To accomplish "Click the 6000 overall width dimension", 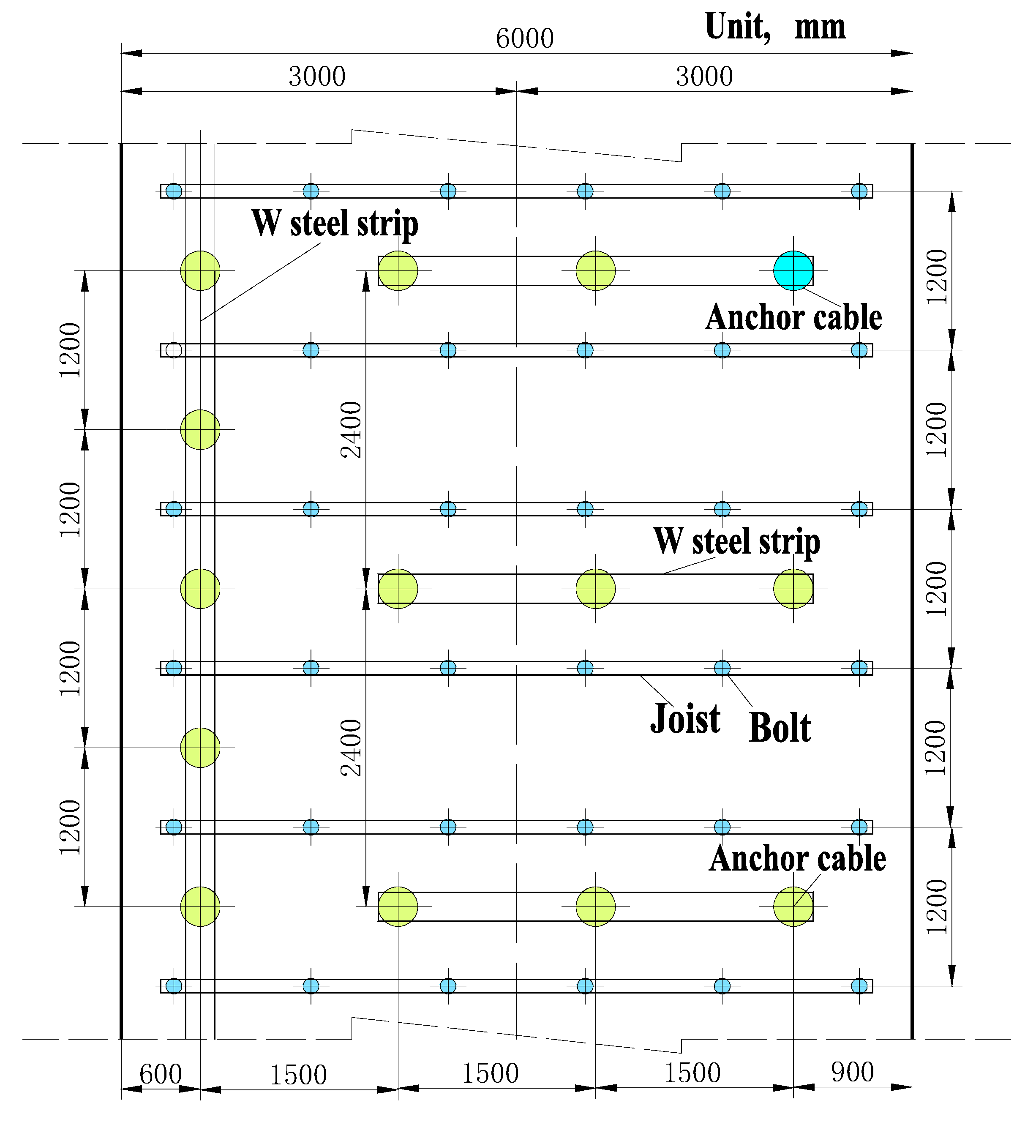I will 524,39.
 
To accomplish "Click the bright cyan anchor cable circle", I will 793,270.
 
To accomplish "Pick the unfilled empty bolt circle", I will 174,350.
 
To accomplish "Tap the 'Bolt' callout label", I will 780,727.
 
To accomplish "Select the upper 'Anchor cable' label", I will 793,317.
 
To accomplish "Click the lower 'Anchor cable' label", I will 797,858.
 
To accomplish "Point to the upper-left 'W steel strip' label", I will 335,224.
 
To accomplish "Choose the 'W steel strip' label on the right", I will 736,541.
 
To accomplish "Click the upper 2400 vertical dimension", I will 351,429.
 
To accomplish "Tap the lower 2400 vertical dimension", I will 351,748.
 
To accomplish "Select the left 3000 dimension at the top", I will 316,76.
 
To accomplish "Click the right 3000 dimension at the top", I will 704,76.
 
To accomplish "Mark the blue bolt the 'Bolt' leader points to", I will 722,668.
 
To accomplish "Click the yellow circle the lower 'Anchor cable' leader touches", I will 793,906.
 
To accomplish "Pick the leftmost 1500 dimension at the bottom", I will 298,1075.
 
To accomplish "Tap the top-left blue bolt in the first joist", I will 174,191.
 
